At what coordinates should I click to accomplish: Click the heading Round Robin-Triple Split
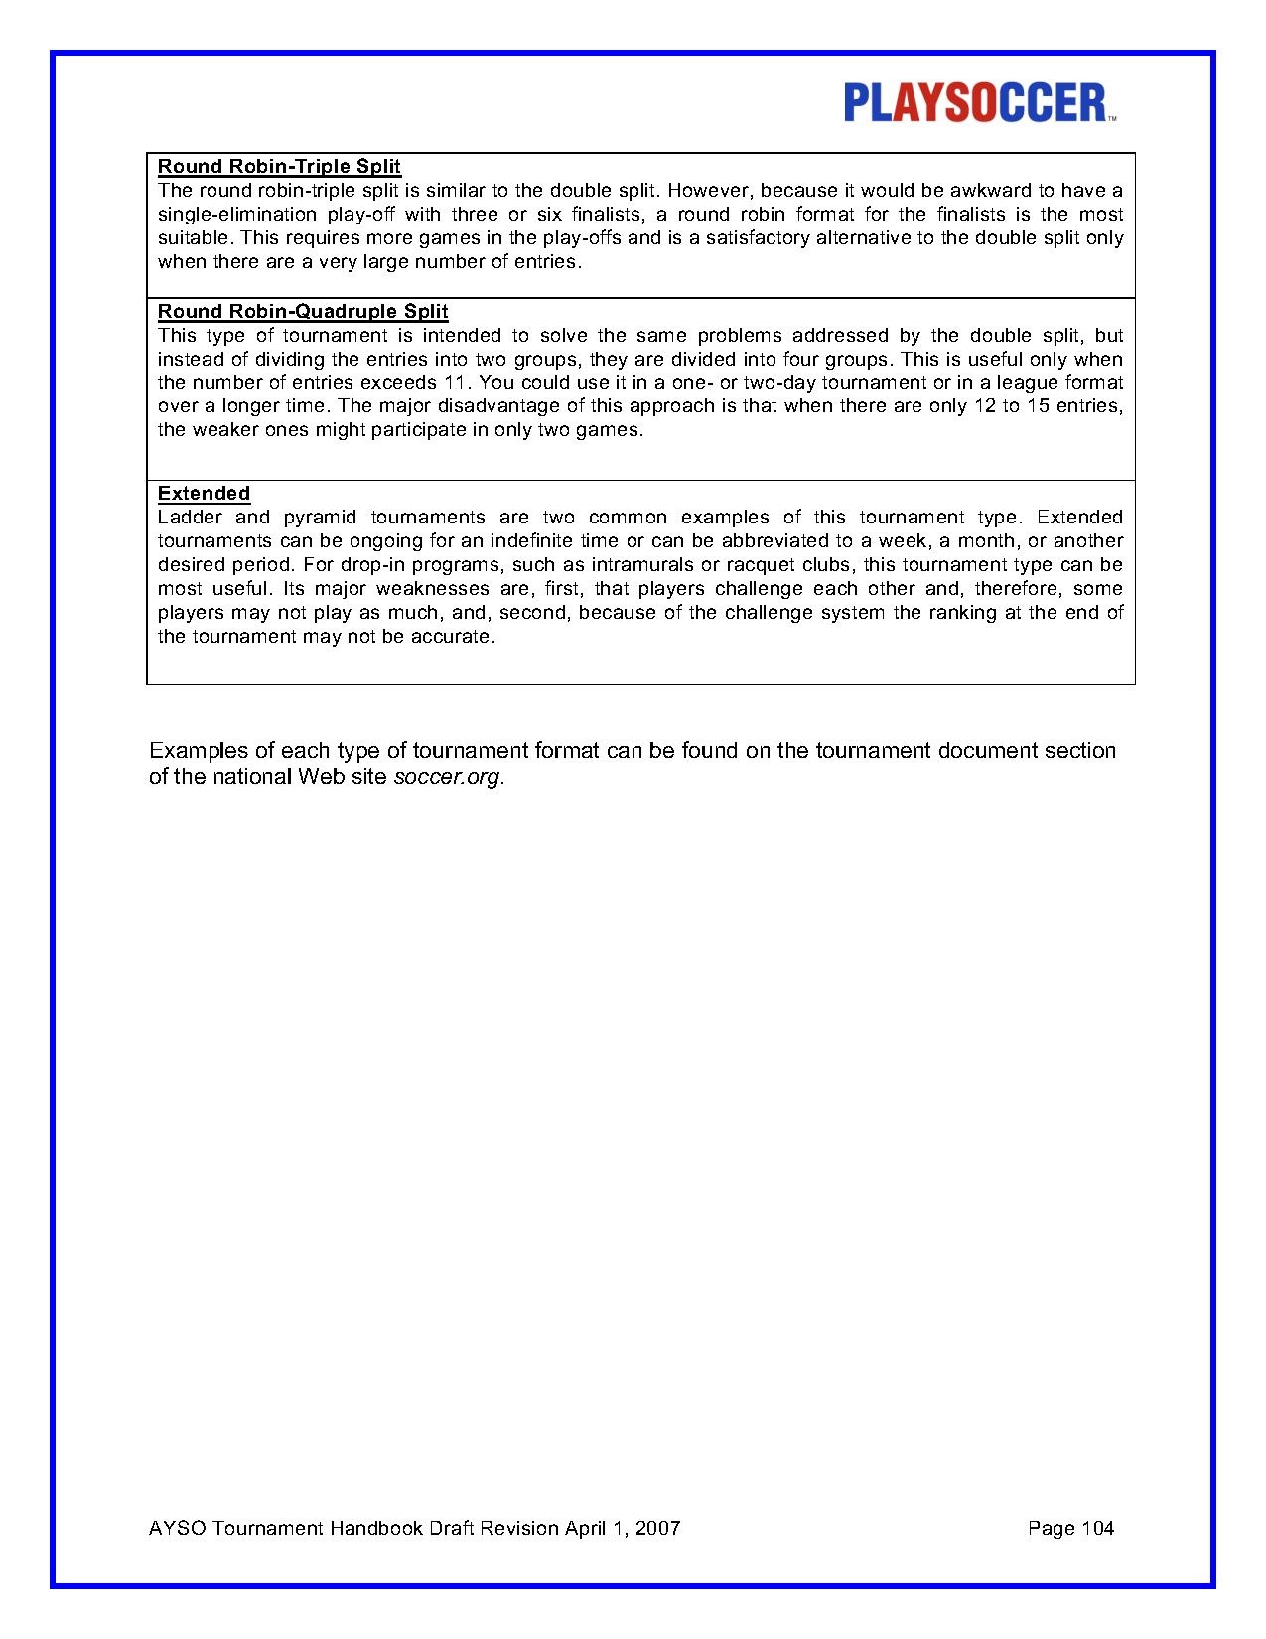[279, 167]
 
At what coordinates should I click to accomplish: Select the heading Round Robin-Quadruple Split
[303, 312]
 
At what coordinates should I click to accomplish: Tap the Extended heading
[204, 494]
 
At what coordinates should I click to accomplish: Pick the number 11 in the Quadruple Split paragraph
[452, 383]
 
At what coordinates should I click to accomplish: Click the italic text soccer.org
[448, 777]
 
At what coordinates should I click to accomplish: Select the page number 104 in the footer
[1096, 1528]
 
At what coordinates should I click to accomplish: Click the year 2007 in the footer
[657, 1528]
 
